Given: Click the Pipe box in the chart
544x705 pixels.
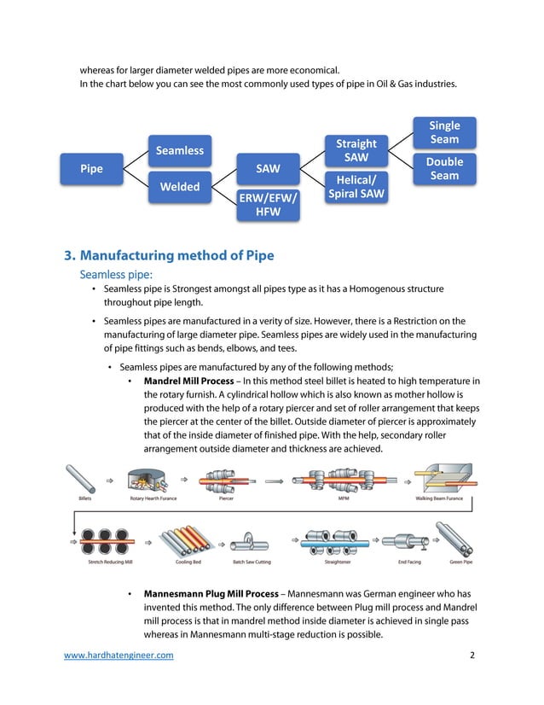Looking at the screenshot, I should [x=91, y=169].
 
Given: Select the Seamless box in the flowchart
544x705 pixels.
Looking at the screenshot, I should [x=179, y=151].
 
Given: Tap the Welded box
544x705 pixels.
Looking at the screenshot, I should [x=179, y=187].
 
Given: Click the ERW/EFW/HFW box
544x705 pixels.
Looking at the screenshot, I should [x=268, y=205].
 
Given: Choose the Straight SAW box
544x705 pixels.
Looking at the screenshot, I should [x=356, y=150].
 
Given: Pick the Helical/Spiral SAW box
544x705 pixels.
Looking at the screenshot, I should [x=356, y=187].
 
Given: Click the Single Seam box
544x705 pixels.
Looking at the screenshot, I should [x=444, y=132].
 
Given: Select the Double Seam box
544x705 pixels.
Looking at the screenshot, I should [x=444, y=169].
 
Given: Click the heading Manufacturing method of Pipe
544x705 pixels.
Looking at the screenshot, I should [x=169, y=255].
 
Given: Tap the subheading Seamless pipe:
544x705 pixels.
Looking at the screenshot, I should [x=115, y=275].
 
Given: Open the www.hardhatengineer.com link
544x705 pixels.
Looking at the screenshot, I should [x=119, y=655].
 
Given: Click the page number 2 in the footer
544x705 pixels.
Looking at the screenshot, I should [x=472, y=655].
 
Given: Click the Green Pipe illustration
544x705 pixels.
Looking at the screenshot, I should [x=460, y=542].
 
